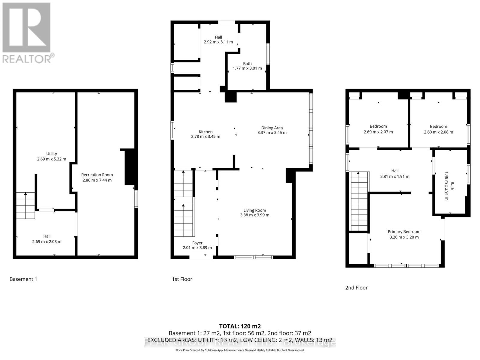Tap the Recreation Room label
click(x=97, y=175)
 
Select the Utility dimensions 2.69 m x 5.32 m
click(x=52, y=159)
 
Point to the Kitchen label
click(x=205, y=132)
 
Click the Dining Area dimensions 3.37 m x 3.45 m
click(x=272, y=133)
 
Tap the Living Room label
click(x=254, y=210)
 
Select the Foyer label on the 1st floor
click(x=197, y=243)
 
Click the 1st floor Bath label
click(x=247, y=64)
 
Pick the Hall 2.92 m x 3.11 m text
click(x=218, y=42)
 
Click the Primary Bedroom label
click(x=404, y=232)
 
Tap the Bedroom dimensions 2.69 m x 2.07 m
click(x=378, y=132)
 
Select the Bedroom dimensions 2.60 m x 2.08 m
click(x=438, y=132)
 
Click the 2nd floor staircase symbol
click(x=359, y=201)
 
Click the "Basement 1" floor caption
click(x=23, y=279)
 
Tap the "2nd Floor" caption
click(x=356, y=287)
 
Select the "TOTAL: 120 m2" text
click(x=240, y=326)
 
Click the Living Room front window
click(x=253, y=257)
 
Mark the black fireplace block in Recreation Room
click(x=130, y=167)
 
